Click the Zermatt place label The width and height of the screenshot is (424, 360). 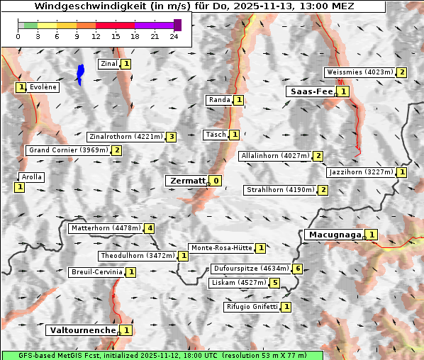(x=187, y=181)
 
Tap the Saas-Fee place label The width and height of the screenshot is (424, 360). (x=311, y=91)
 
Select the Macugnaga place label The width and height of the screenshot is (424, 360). (x=334, y=235)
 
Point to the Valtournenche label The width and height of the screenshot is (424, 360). (x=82, y=330)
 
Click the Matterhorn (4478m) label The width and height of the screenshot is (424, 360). (x=105, y=228)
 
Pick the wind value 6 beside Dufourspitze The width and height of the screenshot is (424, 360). (x=299, y=269)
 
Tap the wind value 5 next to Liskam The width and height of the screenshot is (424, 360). (x=275, y=283)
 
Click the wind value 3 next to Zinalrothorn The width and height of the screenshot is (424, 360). (x=171, y=137)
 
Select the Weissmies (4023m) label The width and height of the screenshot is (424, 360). (x=359, y=72)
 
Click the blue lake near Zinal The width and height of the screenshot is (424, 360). (x=80, y=74)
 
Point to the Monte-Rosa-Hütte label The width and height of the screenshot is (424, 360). (x=220, y=248)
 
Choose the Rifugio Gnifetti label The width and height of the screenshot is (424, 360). (x=251, y=307)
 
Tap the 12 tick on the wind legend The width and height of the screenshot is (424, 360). (x=96, y=36)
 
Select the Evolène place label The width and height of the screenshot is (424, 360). (x=43, y=87)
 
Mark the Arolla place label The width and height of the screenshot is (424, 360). (x=32, y=177)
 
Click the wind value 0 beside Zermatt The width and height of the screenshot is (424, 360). (x=216, y=181)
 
